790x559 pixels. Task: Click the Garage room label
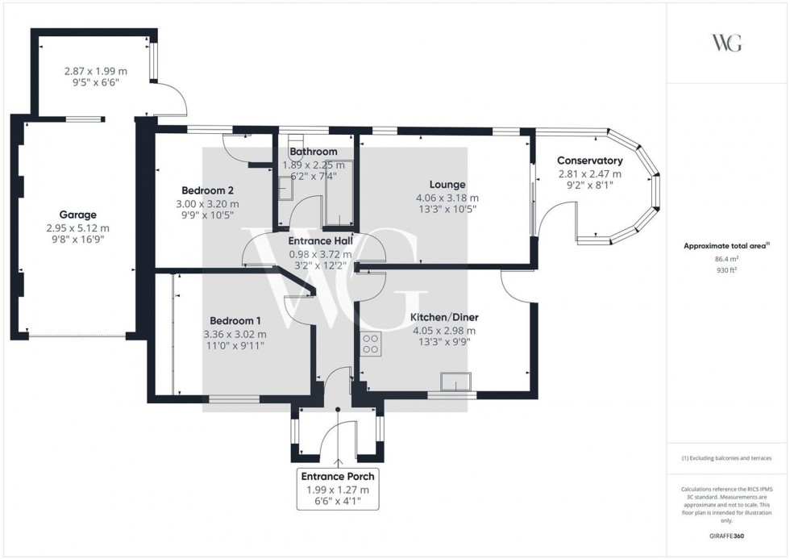(78, 215)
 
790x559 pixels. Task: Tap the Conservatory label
(589, 161)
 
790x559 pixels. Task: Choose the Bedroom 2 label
(207, 191)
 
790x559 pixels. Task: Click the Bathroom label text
(314, 152)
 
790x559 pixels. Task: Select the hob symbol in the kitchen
(372, 344)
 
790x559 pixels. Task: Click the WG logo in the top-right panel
(727, 43)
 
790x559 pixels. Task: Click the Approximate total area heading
(726, 245)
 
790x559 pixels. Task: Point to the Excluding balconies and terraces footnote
(726, 458)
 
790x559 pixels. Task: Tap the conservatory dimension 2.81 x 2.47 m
(589, 173)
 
